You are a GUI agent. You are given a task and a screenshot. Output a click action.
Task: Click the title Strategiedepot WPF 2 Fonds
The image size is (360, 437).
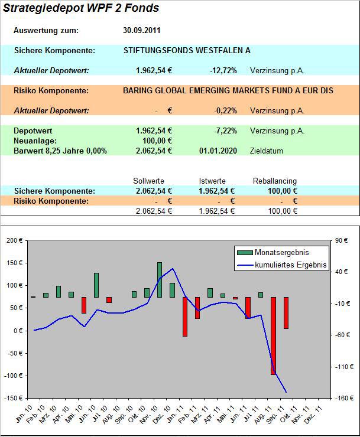pyautogui.click(x=81, y=9)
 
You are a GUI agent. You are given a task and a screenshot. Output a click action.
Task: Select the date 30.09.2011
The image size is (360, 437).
pyautogui.click(x=142, y=31)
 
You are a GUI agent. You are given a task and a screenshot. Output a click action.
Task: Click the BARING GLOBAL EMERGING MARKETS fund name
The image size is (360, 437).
pyautogui.click(x=228, y=91)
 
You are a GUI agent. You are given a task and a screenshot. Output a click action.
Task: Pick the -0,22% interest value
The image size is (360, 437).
pyautogui.click(x=225, y=110)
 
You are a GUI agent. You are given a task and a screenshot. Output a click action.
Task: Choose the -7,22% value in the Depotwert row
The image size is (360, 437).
pyautogui.click(x=225, y=131)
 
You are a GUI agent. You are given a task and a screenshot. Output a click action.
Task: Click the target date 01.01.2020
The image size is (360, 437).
pyautogui.click(x=218, y=151)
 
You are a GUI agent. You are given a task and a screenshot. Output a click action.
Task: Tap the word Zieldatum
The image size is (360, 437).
pyautogui.click(x=267, y=151)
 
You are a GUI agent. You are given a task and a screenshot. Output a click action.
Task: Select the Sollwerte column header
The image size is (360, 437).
pyautogui.click(x=149, y=181)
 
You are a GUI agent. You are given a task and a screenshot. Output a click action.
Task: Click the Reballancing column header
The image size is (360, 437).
pyautogui.click(x=274, y=181)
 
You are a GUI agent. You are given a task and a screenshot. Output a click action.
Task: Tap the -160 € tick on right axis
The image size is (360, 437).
pyautogui.click(x=343, y=398)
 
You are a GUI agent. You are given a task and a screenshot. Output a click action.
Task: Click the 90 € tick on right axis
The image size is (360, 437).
pyautogui.click(x=343, y=240)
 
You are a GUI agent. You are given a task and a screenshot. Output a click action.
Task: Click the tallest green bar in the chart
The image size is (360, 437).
pyautogui.click(x=159, y=280)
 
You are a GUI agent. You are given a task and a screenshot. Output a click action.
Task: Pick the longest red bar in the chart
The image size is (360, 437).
pyautogui.click(x=274, y=335)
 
